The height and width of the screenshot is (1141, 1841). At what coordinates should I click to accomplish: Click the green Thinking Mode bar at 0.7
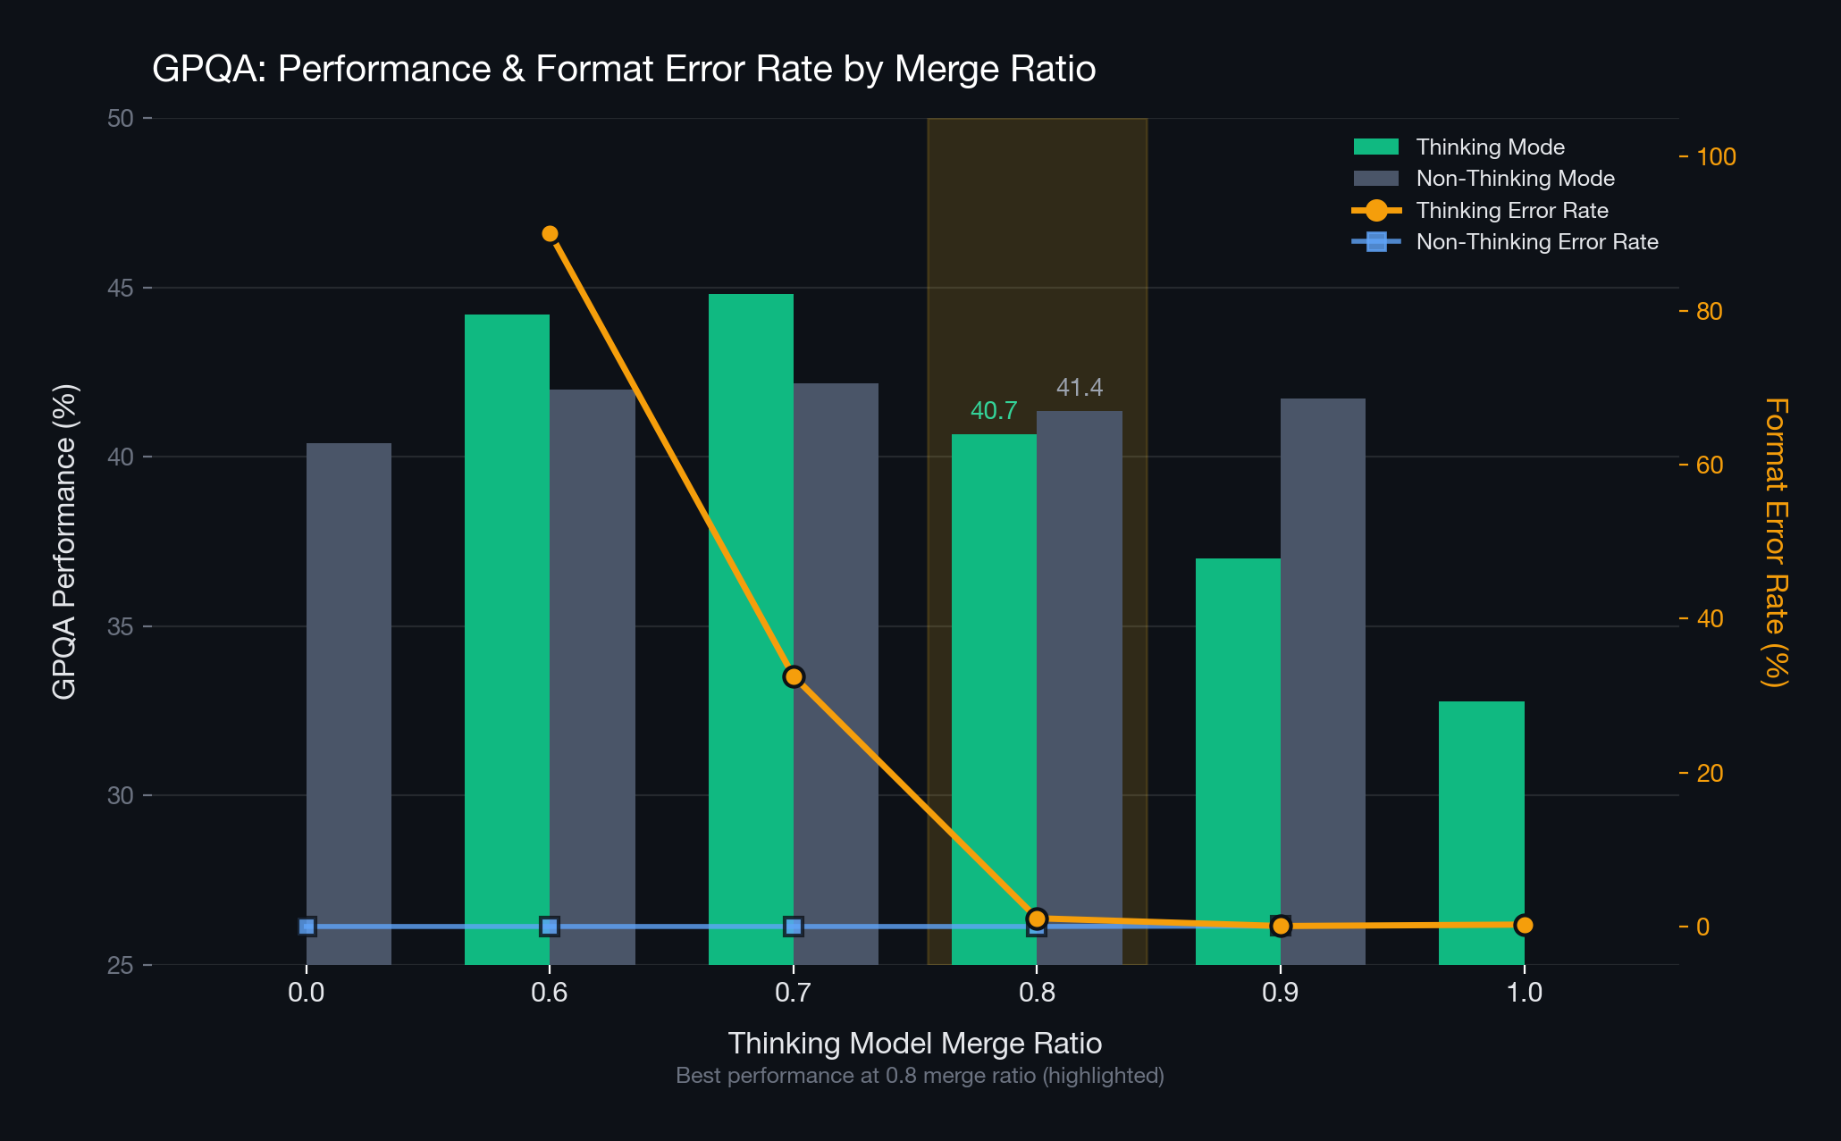(751, 629)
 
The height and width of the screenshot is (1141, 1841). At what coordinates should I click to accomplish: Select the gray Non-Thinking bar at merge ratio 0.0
(349, 704)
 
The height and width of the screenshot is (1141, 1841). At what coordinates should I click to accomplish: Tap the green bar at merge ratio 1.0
(1482, 833)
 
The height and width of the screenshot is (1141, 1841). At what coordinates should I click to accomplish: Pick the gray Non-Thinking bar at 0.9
(1323, 682)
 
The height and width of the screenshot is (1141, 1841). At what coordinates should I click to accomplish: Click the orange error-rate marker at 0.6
(550, 234)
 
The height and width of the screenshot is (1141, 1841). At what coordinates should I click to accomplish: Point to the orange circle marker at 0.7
(794, 676)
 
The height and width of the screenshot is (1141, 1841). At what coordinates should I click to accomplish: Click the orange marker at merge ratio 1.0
(1525, 925)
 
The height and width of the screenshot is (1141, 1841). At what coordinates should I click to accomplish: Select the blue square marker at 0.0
(307, 927)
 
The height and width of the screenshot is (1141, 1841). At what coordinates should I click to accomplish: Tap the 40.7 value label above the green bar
(994, 411)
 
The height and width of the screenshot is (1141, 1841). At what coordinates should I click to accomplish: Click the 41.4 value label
(1080, 388)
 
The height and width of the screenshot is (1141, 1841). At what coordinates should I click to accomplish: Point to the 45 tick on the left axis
(121, 288)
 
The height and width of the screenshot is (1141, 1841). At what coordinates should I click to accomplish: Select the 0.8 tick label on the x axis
(1037, 993)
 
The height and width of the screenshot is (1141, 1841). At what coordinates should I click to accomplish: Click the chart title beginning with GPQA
(624, 69)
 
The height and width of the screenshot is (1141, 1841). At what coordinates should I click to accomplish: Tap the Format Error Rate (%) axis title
(1775, 542)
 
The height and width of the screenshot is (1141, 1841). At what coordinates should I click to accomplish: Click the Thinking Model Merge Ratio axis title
(915, 1043)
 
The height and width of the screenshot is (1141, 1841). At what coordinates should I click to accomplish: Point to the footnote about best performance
(920, 1076)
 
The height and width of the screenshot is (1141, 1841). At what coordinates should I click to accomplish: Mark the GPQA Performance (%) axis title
(64, 542)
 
